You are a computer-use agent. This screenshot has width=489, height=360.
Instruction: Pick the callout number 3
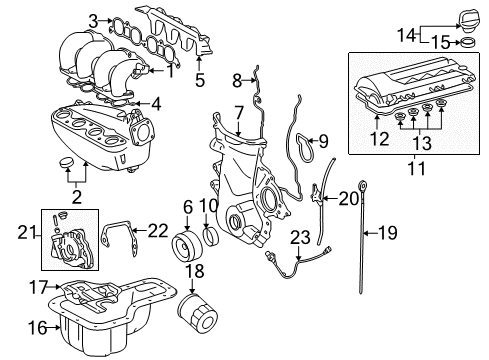pyautogui.click(x=93, y=19)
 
